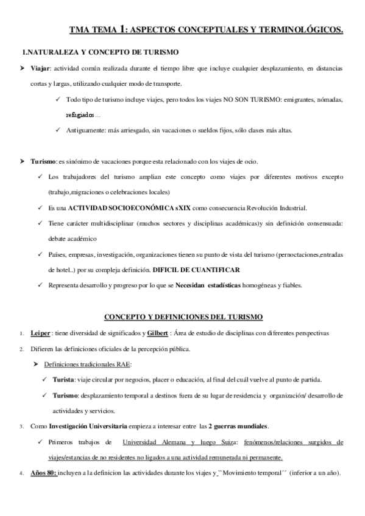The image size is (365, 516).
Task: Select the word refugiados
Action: point(80,114)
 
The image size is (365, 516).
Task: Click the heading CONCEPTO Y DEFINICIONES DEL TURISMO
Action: point(183,317)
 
